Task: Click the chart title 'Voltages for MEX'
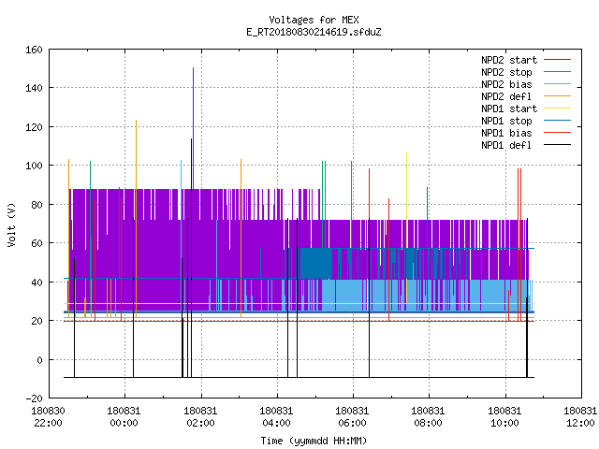click(314, 20)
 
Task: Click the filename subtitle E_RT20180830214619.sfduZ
click(314, 32)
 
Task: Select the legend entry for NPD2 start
click(526, 60)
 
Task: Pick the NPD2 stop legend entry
click(526, 72)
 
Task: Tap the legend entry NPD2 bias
click(526, 84)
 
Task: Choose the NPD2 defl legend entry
click(526, 96)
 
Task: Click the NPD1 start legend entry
click(526, 109)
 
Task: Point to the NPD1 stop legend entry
click(526, 121)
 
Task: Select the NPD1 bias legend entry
click(526, 133)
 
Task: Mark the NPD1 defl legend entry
click(526, 145)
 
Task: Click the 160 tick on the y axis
click(34, 50)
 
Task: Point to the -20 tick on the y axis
click(34, 398)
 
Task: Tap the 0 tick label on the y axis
click(39, 359)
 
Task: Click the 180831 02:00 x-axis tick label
click(200, 417)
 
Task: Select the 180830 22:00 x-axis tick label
click(48, 417)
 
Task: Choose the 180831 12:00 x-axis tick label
click(580, 417)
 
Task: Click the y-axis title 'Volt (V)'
click(11, 224)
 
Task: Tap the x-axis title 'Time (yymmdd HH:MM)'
click(314, 441)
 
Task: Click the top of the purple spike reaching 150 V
click(194, 68)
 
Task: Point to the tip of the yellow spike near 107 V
click(406, 152)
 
